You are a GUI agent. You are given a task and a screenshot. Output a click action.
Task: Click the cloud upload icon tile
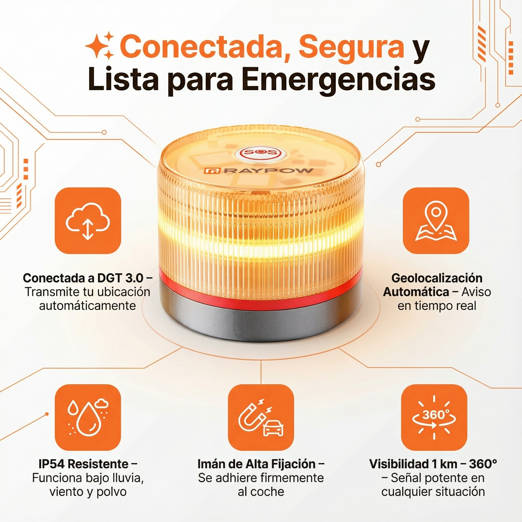(x=88, y=220)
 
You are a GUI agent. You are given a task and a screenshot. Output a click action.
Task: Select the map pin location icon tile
(x=436, y=220)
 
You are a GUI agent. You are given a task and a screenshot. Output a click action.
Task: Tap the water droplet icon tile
(x=88, y=417)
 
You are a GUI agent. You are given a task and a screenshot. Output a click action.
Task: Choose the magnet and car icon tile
(x=261, y=417)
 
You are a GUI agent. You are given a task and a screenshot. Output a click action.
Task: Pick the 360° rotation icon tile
(x=434, y=417)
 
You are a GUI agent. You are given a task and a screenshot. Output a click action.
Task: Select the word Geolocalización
(x=437, y=278)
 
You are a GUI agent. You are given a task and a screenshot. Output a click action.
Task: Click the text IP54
(x=52, y=464)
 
